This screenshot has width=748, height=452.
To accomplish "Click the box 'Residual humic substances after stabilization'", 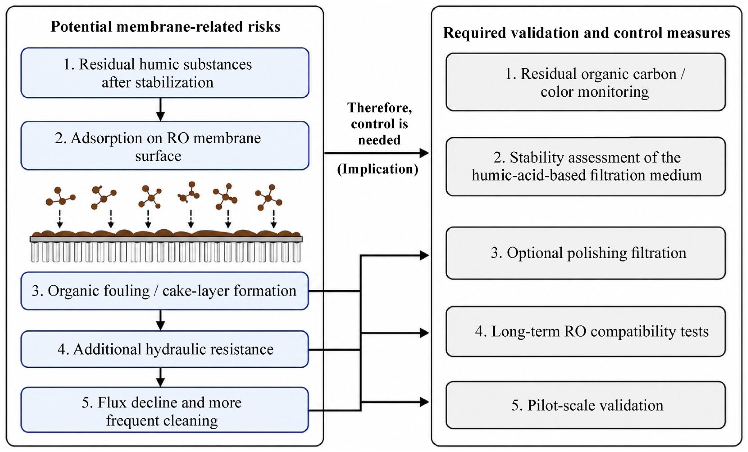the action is pyautogui.click(x=165, y=73).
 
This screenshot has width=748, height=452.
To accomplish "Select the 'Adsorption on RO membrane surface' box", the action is pyautogui.click(x=165, y=145).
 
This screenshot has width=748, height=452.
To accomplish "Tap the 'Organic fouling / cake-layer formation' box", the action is pyautogui.click(x=165, y=291).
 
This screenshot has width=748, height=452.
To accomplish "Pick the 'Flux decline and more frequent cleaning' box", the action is pyautogui.click(x=165, y=409).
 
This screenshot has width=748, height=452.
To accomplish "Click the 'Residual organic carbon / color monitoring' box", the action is pyautogui.click(x=586, y=82).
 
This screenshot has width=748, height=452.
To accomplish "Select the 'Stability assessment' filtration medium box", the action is pyautogui.click(x=586, y=166).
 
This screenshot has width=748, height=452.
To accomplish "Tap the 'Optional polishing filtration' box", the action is pyautogui.click(x=586, y=253).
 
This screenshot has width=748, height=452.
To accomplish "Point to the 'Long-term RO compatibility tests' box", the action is pyautogui.click(x=586, y=331).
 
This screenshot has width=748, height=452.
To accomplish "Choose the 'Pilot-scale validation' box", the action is pyautogui.click(x=586, y=405).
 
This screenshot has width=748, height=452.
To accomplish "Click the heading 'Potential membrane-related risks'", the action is pyautogui.click(x=166, y=27).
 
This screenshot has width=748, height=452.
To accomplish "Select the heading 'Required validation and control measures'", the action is pyautogui.click(x=587, y=33).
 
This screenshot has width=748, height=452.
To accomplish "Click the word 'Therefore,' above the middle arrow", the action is pyautogui.click(x=380, y=108).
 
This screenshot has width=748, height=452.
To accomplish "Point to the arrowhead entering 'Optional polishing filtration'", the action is pyautogui.click(x=424, y=255).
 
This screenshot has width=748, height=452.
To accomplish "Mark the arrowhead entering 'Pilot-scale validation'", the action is pyautogui.click(x=424, y=402).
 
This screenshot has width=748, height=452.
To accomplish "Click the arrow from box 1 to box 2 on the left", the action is pyautogui.click(x=160, y=109).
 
